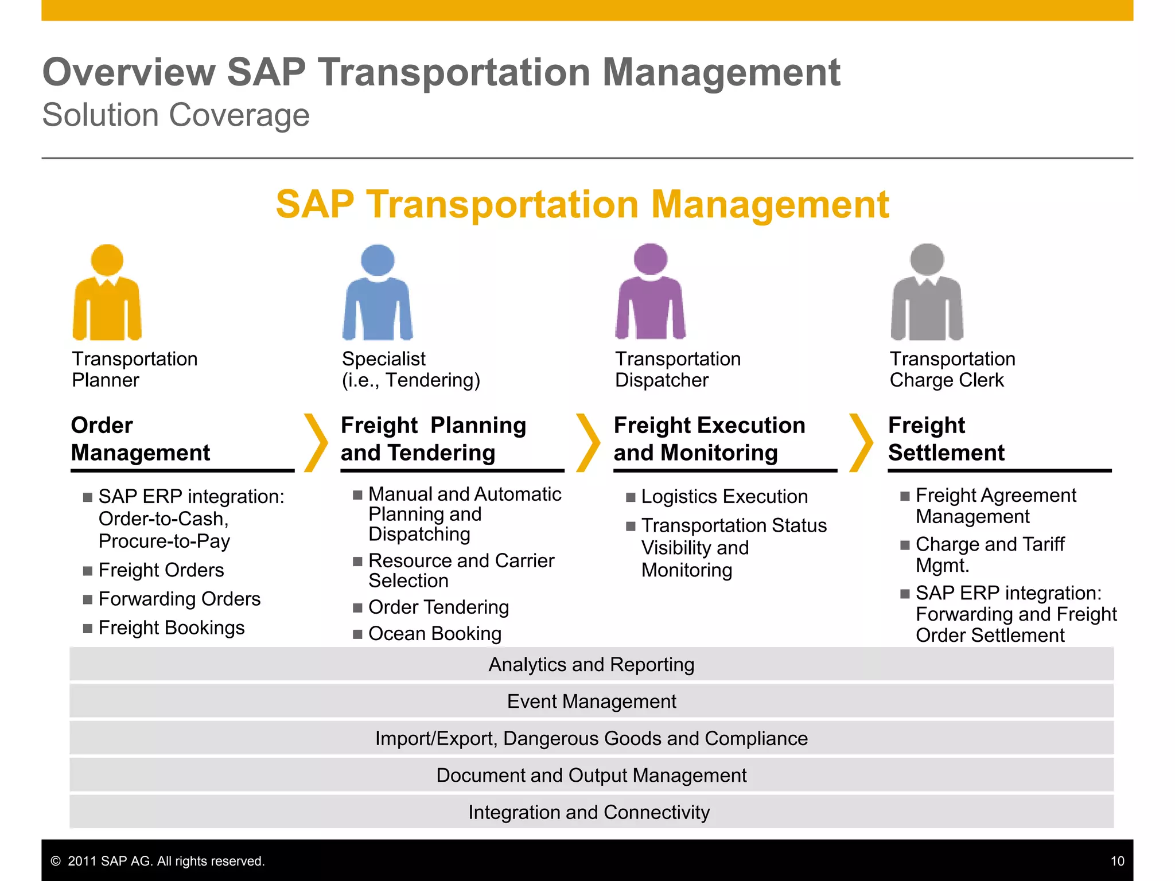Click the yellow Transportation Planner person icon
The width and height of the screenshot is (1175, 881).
(107, 293)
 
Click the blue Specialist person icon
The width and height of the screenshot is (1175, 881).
(378, 293)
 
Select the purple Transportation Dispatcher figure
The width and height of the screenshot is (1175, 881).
(650, 293)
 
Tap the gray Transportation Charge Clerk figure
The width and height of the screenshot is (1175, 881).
(927, 293)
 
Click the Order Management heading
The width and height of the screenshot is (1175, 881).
(141, 439)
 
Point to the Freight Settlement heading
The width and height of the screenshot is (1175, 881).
(946, 439)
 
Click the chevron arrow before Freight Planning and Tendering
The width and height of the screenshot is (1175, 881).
(316, 442)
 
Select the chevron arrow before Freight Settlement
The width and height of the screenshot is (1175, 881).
(861, 442)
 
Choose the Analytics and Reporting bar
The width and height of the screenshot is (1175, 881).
(592, 664)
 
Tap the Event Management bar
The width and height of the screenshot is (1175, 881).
(592, 701)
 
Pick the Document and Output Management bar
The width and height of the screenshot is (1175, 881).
(592, 775)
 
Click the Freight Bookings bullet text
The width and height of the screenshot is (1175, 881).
(172, 627)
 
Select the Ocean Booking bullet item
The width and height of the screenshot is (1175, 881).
(435, 634)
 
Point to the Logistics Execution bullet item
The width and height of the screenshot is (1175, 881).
(724, 497)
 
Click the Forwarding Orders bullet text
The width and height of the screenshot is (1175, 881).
(180, 599)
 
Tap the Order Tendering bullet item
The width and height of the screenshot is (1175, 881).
(438, 607)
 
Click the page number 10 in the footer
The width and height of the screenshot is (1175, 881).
(1117, 861)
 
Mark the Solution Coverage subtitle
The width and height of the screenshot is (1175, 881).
(176, 115)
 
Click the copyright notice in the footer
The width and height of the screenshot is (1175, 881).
(158, 861)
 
